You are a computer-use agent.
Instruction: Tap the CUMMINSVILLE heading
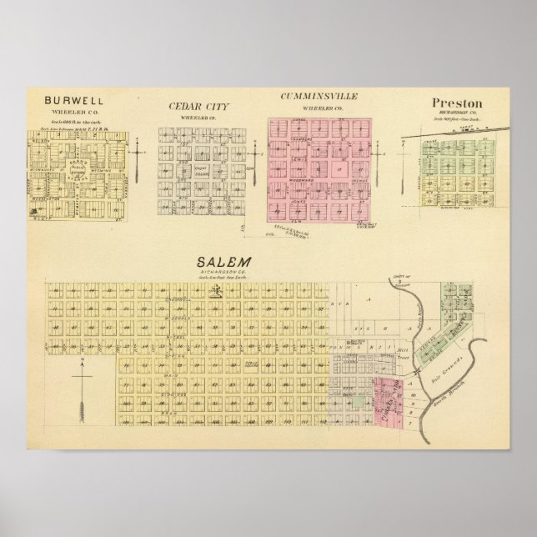click(x=319, y=97)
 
